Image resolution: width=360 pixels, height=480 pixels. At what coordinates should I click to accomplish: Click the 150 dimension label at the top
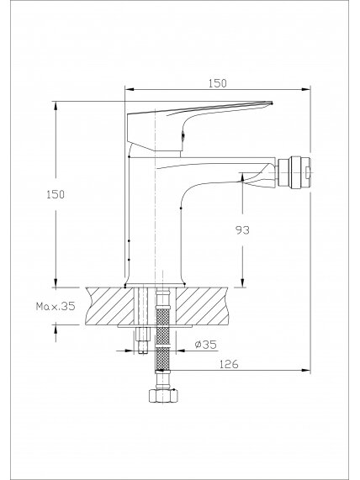pos(218,83)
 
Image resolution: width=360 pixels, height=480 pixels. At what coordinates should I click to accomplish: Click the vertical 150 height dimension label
pos(56,194)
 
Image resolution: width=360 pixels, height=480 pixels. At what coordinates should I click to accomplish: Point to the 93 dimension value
pos(242,229)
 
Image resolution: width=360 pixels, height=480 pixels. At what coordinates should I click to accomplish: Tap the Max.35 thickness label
pos(56,306)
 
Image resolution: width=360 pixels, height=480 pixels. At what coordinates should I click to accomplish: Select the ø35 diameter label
pos(205,345)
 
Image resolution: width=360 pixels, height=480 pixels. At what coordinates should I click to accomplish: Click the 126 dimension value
pos(229,364)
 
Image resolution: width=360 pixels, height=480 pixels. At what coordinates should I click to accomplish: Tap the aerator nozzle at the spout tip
pos(294,172)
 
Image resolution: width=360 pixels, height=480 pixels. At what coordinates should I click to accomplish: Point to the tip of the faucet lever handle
pos(272,103)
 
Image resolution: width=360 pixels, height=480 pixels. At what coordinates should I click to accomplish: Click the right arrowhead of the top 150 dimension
pos(306,89)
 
